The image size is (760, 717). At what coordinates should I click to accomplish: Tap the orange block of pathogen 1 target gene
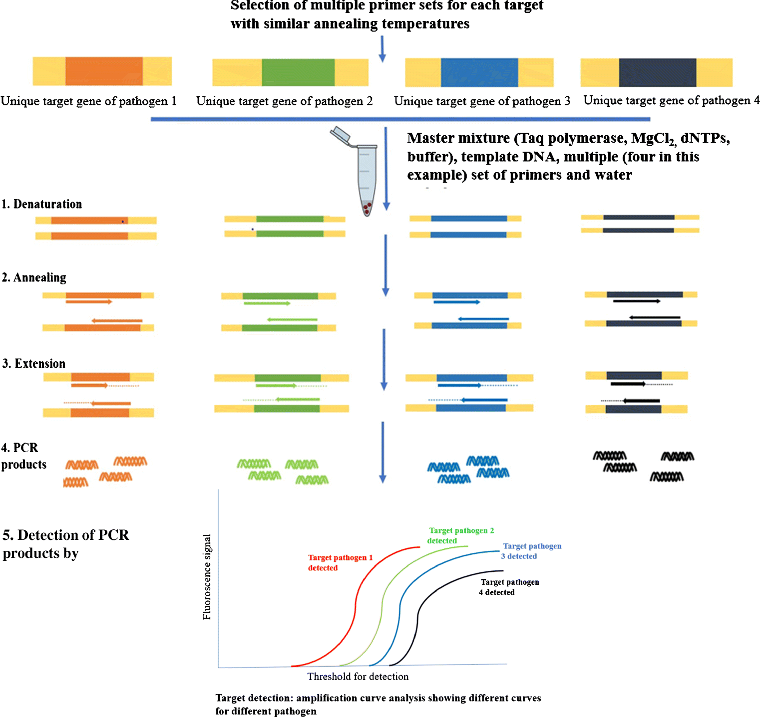pos(104,71)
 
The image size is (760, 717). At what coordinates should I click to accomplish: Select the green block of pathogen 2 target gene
pos(298,72)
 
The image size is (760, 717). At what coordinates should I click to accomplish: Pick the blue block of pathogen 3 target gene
pos(479,73)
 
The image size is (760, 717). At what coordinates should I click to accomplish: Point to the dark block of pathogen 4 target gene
pos(657,73)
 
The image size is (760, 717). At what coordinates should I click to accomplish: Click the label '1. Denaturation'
pos(42,204)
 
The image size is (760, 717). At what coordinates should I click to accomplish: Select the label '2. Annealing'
pos(34,277)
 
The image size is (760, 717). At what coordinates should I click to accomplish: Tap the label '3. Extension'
pos(34,363)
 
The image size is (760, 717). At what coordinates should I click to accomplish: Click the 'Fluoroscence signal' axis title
pos(207,577)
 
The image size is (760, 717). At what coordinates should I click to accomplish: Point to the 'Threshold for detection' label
pos(358,677)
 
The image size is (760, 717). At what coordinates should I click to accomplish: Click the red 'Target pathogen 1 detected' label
pos(340,562)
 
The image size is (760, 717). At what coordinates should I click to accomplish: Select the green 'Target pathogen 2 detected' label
pos(460,535)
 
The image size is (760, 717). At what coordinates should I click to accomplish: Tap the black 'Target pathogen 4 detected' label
pos(508,587)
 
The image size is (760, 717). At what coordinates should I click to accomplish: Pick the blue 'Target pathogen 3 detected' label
pos(531,551)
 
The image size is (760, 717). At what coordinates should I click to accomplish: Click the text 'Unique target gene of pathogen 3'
pos(482,101)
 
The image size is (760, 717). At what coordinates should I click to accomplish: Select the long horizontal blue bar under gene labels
pos(400,119)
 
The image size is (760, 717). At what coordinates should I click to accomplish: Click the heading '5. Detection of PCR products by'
pos(65,544)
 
